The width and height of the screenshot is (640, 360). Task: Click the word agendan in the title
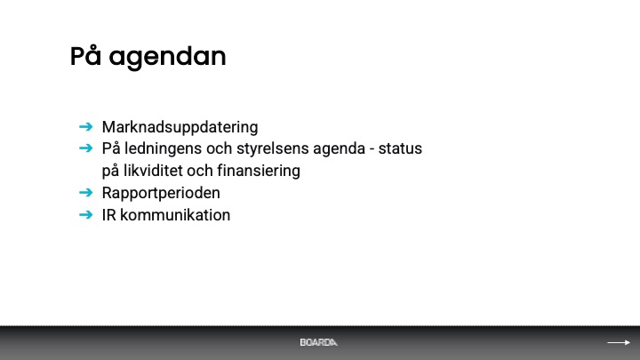(x=167, y=58)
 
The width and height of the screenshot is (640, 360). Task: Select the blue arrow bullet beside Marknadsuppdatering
(x=85, y=126)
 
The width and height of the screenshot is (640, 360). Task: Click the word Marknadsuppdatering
(x=180, y=127)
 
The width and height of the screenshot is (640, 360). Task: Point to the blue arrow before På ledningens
(x=85, y=148)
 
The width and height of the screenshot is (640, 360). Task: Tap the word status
(x=400, y=148)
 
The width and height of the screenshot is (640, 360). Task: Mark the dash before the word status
(x=372, y=150)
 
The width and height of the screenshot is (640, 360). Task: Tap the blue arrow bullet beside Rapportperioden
(x=85, y=192)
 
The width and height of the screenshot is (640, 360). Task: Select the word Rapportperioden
(x=161, y=194)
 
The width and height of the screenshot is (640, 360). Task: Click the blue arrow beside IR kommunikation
(x=85, y=214)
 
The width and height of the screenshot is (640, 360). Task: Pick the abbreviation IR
(x=109, y=215)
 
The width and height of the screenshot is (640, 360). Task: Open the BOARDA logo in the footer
(x=319, y=342)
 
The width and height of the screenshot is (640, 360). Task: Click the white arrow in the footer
(x=619, y=342)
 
